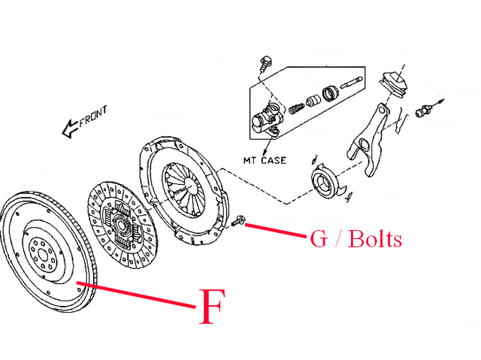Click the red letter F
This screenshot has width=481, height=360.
(x=212, y=306)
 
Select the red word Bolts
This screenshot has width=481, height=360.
(x=374, y=239)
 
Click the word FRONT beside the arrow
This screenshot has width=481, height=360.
(x=93, y=116)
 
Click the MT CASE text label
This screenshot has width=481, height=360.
(x=264, y=159)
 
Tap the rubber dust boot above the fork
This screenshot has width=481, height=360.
(x=393, y=85)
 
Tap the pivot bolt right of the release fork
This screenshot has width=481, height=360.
(x=425, y=111)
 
